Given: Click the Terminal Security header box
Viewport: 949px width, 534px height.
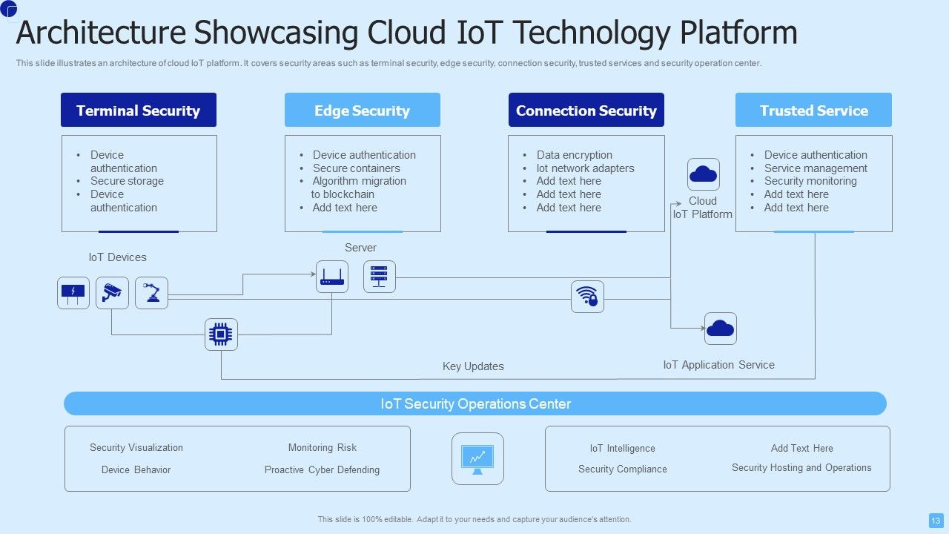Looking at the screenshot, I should [x=139, y=110].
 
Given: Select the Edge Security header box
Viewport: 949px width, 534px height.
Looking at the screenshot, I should [x=362, y=110].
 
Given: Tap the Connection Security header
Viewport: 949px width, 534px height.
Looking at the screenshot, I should [x=586, y=110].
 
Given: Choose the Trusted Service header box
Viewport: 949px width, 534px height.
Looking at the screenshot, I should [x=813, y=110].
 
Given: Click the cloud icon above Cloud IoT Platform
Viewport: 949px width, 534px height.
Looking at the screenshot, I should [x=703, y=174].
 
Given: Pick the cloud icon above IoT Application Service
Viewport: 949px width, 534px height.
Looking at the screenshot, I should [x=720, y=329].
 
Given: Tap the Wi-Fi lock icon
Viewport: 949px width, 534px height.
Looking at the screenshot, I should [x=587, y=297].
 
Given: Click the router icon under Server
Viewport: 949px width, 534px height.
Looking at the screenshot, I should [x=331, y=277].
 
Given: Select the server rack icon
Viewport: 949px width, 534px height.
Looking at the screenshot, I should [x=379, y=277].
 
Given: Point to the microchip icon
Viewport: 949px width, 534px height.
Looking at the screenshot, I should [x=221, y=334].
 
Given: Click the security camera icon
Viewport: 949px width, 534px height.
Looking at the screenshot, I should [x=113, y=292].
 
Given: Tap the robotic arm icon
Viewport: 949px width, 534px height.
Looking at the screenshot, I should [x=152, y=292].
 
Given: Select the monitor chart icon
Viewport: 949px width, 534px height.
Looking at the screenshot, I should [x=477, y=459].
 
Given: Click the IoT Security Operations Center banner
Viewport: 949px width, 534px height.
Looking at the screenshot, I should [x=475, y=403].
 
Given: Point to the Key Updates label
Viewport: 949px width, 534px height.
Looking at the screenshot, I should [x=473, y=366].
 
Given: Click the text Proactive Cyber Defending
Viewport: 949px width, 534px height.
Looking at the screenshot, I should [x=322, y=469].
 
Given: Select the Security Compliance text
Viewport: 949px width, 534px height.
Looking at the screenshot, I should [x=622, y=469].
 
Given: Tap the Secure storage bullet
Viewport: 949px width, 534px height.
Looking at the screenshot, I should [x=127, y=181].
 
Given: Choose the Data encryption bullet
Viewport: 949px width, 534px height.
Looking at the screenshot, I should [x=574, y=155].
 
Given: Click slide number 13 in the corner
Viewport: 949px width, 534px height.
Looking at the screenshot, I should [x=936, y=520].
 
